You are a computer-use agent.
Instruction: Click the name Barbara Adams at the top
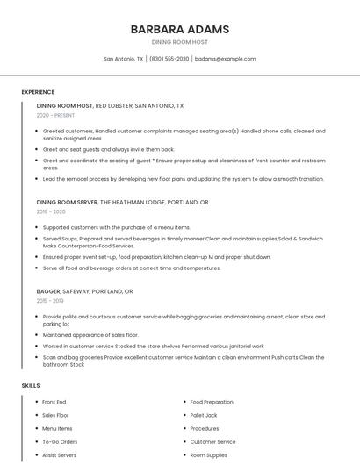coord(180,29)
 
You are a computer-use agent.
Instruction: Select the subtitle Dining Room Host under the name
coord(180,41)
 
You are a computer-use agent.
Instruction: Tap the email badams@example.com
coord(226,59)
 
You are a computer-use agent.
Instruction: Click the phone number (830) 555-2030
coord(169,59)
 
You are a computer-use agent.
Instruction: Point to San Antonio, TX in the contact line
coord(124,59)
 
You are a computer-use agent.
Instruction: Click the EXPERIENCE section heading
coord(38,92)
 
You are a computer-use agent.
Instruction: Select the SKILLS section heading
coord(31,386)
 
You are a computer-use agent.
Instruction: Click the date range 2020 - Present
coord(55,115)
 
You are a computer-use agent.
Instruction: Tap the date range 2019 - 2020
coord(51,211)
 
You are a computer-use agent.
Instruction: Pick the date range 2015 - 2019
coord(50,301)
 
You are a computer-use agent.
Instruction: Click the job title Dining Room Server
coord(67,202)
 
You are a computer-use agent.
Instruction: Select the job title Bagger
coord(48,291)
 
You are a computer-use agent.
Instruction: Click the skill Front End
coord(54,402)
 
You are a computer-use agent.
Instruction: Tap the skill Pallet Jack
coord(204,415)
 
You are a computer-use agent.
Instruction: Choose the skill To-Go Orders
coord(60,442)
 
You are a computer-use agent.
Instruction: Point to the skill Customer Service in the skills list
coord(212,442)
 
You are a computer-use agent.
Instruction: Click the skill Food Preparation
coord(212,402)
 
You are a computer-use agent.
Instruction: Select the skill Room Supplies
coord(209,455)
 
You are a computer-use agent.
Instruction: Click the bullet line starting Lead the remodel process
coord(184,179)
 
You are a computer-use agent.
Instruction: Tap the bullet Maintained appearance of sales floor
coord(90,335)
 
